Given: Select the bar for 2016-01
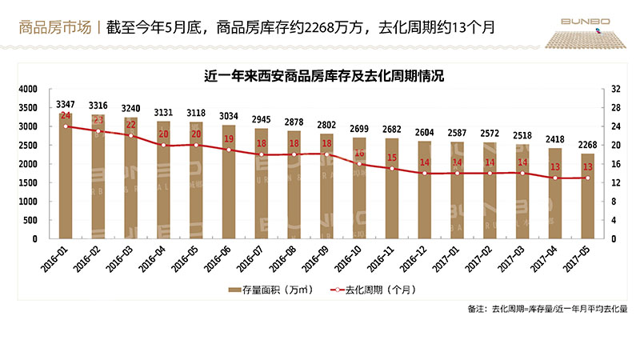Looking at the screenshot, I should tap(66, 176).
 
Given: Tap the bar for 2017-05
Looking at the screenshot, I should tap(587, 196).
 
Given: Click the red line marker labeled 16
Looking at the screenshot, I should tap(359, 163).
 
